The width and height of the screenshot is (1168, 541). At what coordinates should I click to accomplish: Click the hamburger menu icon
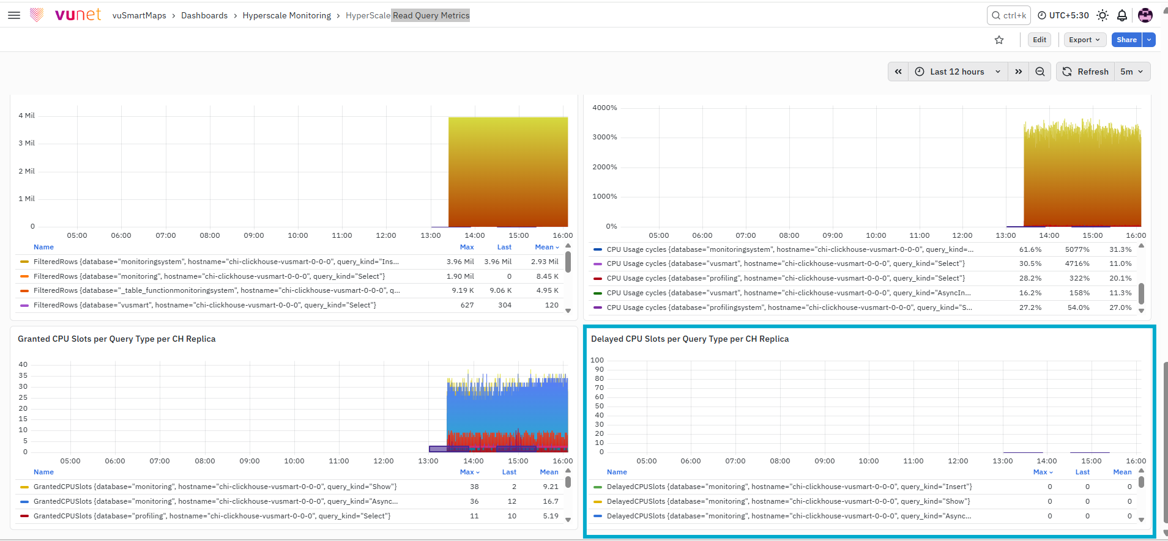click(x=14, y=15)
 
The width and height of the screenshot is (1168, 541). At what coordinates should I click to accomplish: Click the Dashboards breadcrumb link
click(x=204, y=15)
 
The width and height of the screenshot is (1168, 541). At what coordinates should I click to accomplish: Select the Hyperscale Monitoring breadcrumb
click(x=286, y=15)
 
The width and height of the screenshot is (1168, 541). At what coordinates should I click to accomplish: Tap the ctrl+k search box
click(x=1009, y=15)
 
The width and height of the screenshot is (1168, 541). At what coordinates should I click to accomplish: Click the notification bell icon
click(x=1122, y=15)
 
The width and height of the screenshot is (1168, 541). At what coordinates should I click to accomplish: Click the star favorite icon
click(x=999, y=40)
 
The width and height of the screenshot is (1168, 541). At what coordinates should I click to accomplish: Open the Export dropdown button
click(x=1085, y=40)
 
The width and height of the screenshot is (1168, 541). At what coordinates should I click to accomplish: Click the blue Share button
click(x=1126, y=40)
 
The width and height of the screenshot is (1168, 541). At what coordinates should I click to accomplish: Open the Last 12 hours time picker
click(x=958, y=72)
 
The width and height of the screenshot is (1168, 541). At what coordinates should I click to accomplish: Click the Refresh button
click(x=1086, y=72)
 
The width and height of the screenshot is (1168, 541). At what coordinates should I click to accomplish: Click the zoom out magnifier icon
click(x=1040, y=72)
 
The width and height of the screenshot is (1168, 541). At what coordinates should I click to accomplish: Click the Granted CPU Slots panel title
click(x=117, y=339)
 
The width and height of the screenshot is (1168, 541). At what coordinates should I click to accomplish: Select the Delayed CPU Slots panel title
click(x=690, y=339)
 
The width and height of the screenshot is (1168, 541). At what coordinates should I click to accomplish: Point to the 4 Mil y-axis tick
click(x=26, y=116)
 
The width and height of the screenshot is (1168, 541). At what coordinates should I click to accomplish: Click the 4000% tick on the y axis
click(x=604, y=108)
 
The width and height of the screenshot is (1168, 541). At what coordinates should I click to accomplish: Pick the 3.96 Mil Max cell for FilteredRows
click(x=460, y=262)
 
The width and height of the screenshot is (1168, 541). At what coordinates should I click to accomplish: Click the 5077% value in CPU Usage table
click(x=1077, y=249)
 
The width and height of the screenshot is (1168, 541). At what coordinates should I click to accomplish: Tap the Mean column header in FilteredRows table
click(x=547, y=247)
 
